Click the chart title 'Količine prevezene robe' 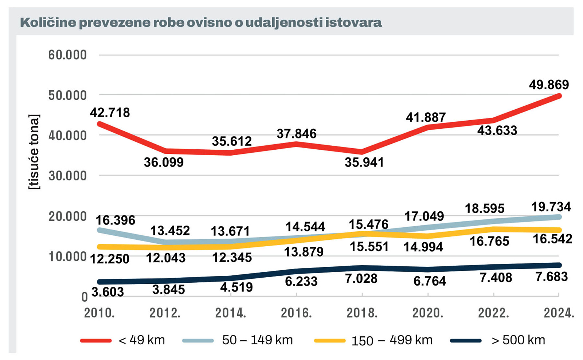[201, 23]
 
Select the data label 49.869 [549, 85]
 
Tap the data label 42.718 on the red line [110, 113]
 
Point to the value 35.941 [364, 163]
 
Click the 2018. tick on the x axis [362, 313]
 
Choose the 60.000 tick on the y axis [67, 55]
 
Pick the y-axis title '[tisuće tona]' [34, 152]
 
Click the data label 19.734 [551, 207]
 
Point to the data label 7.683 [551, 277]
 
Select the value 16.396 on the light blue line [115, 220]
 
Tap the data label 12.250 [109, 259]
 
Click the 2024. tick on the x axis [559, 313]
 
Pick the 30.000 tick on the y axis [67, 176]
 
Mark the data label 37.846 [296, 134]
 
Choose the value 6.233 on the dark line [301, 281]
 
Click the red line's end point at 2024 [559, 96]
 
